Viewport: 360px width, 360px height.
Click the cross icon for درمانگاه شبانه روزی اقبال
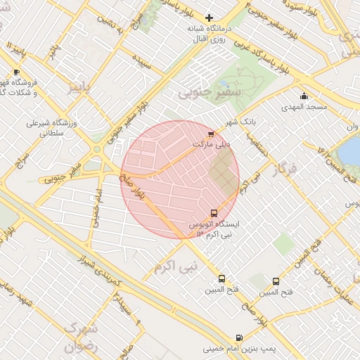209,18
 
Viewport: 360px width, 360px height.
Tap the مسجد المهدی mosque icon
304,96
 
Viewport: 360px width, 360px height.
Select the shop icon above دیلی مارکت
210,134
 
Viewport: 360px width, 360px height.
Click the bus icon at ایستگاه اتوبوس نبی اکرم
214,213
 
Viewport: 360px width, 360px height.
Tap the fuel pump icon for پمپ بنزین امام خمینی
239,337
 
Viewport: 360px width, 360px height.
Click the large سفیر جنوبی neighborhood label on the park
210,91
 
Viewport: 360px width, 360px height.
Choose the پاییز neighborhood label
79,87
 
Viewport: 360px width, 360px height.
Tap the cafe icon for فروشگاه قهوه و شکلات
16,72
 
